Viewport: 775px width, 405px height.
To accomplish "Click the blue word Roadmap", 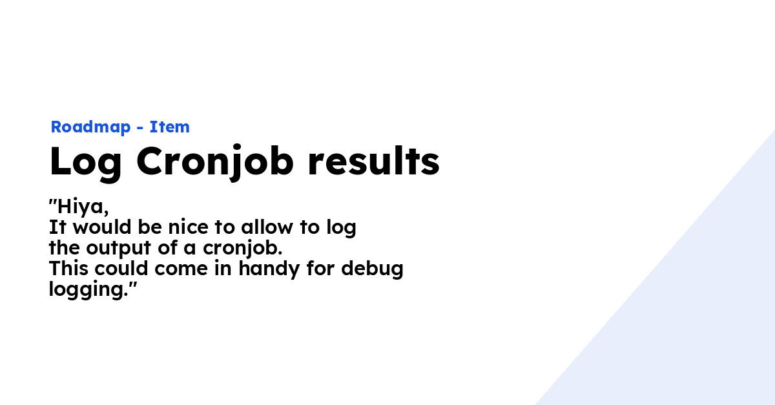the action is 90,127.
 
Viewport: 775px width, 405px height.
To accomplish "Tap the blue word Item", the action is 169,127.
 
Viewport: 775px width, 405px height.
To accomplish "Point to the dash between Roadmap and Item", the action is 140,128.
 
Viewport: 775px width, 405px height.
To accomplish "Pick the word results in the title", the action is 373,161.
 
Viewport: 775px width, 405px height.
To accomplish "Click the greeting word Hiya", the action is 83,207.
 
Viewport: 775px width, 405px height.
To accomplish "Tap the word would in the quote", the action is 102,227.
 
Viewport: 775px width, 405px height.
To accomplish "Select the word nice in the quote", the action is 188,227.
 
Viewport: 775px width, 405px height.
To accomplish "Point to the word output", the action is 118,249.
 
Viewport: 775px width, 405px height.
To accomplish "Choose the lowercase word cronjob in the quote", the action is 243,249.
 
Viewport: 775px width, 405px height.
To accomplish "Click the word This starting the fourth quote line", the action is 69,268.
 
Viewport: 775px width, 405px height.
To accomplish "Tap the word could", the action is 121,268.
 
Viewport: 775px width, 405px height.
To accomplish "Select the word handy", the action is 269,269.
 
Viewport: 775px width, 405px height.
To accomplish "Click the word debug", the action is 372,269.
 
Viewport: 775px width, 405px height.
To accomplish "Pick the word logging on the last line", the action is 86,290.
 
